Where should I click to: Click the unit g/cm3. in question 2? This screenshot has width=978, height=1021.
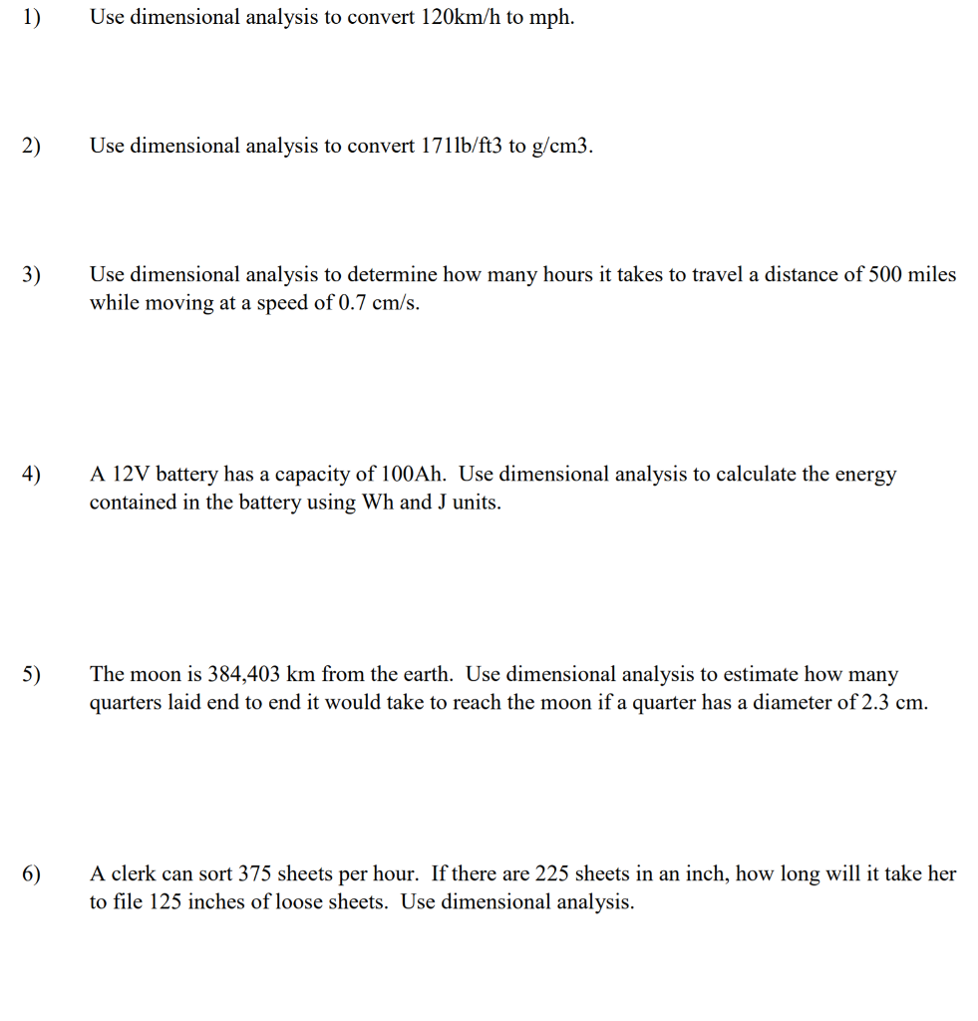[564, 147]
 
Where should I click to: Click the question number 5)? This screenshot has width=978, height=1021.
[32, 675]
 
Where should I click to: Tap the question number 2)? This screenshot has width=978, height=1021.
[32, 148]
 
